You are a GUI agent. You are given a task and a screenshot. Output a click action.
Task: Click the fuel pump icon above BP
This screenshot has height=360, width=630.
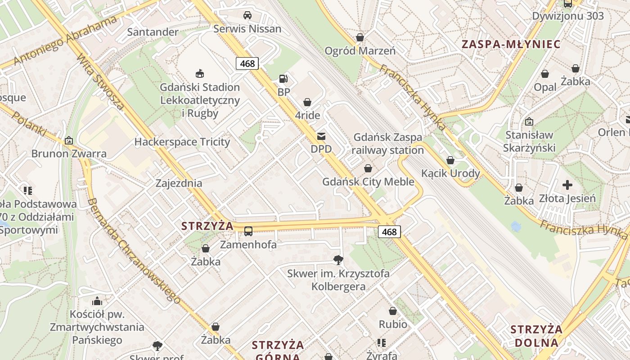click(283, 79)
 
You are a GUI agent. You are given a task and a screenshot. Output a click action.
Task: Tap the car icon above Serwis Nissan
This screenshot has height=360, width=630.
click(247, 15)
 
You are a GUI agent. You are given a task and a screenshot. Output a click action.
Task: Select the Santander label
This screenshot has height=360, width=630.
click(153, 32)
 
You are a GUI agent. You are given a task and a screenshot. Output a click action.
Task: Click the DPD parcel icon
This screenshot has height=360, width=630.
click(321, 136)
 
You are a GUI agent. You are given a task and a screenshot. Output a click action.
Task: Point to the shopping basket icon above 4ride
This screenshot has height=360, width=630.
click(307, 102)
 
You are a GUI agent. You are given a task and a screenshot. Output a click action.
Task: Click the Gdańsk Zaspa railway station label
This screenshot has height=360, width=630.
click(387, 144)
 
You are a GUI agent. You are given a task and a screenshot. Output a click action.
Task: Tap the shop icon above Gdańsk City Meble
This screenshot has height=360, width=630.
click(368, 168)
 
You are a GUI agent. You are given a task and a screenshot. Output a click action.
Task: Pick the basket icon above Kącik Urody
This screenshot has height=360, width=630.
click(450, 160)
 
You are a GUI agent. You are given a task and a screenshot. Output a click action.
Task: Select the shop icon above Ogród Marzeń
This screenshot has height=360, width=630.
click(360, 37)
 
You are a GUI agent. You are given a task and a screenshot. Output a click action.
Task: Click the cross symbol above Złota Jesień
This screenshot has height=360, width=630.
click(567, 184)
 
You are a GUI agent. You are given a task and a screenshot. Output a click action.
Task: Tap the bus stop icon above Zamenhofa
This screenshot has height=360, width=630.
click(248, 231)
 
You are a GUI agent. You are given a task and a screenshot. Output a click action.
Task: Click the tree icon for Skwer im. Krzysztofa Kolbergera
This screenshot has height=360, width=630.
click(338, 260)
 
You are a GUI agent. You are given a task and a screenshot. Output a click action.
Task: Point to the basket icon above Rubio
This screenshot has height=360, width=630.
click(393, 311)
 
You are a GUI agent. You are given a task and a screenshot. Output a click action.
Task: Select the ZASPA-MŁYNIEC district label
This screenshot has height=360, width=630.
click(511, 44)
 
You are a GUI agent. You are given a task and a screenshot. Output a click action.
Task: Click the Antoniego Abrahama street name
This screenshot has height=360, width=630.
click(65, 40)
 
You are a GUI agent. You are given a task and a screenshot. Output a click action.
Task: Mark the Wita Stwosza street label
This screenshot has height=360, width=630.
click(100, 82)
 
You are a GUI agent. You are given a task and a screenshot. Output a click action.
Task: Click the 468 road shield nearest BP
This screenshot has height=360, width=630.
click(247, 63)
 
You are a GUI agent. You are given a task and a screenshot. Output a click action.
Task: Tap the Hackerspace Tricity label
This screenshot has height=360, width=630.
click(182, 142)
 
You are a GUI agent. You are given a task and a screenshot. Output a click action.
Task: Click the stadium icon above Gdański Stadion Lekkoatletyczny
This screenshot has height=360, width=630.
click(200, 73)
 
